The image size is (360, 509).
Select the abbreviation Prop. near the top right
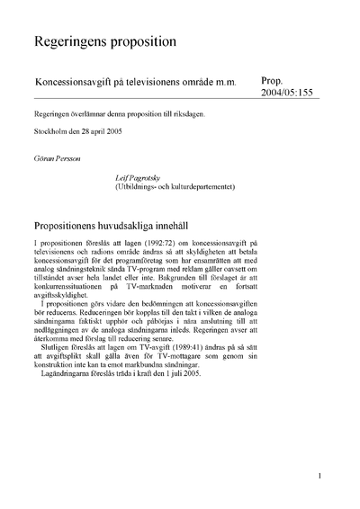(x=272, y=80)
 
